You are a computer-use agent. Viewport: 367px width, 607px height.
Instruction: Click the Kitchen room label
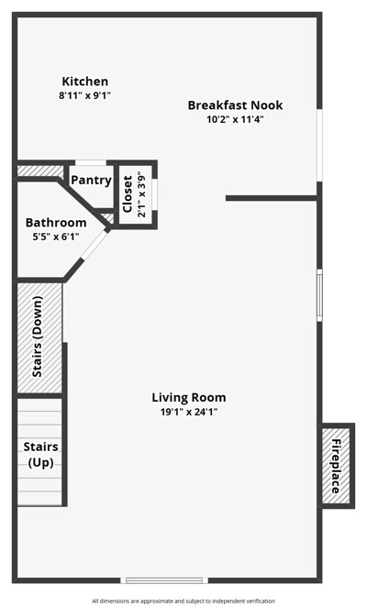pos(85,82)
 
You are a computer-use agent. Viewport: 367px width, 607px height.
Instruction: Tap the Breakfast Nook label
pos(235,105)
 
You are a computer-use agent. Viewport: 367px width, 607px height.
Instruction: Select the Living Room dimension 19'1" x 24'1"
pos(189,412)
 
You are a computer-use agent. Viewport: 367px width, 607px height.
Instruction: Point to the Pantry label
pos(91,180)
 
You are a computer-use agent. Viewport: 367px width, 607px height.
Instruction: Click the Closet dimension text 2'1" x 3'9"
pos(142,196)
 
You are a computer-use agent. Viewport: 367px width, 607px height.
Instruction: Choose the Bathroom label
pos(56,223)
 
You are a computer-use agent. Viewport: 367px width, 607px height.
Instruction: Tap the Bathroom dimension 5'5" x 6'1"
pos(56,237)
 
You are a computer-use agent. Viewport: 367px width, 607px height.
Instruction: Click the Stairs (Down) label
pos(38,337)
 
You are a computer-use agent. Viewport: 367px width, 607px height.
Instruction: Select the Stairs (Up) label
pos(40,455)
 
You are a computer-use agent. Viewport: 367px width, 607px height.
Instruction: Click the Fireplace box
pos(337,466)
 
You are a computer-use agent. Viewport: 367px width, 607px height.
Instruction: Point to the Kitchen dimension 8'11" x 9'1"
pos(85,95)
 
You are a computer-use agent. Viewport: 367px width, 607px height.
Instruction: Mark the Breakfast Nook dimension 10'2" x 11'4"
pos(235,119)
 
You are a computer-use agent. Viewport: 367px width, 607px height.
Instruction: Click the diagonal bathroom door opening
pos(94,246)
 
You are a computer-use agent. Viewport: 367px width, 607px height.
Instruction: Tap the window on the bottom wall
pos(164,580)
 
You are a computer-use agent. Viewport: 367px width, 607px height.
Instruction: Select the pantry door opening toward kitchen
pos(91,163)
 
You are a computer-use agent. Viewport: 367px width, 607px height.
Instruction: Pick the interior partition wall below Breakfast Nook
pos(272,198)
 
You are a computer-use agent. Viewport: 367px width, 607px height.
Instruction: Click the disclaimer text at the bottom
pos(183,601)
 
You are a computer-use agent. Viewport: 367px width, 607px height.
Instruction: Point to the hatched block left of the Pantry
pos(40,171)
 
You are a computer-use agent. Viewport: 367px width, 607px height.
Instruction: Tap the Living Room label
pos(189,398)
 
